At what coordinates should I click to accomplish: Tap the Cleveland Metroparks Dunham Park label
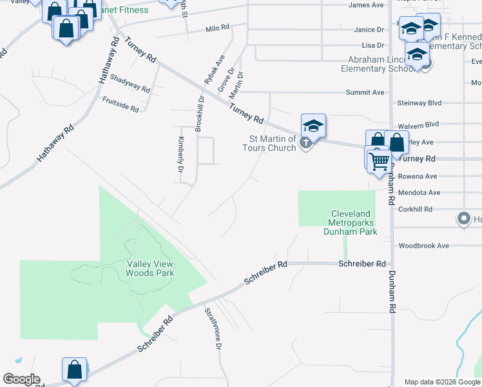(x=351, y=223)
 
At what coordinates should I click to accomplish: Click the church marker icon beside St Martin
(x=306, y=143)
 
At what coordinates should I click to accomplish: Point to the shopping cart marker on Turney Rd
(x=379, y=160)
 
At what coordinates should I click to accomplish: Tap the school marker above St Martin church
(x=313, y=126)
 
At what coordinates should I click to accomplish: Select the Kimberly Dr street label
(x=180, y=155)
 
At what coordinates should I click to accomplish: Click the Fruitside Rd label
(x=120, y=105)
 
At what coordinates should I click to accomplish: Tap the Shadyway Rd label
(x=130, y=83)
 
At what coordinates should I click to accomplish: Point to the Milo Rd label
(x=217, y=28)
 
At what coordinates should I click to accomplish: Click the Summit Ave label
(x=365, y=92)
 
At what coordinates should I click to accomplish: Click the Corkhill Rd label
(x=415, y=209)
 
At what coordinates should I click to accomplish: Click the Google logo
(x=21, y=379)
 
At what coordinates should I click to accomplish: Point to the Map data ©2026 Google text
(x=441, y=382)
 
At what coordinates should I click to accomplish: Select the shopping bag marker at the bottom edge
(x=74, y=371)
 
